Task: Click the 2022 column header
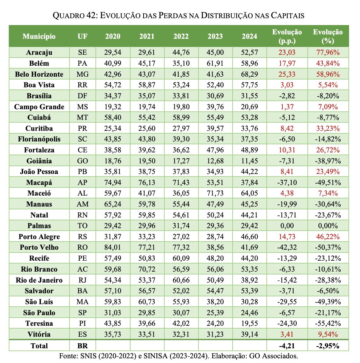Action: coord(181,36)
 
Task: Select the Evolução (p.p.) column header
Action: coord(287,36)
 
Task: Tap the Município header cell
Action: coord(39,36)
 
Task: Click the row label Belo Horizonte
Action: coord(39,74)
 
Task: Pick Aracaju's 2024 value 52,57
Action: coord(249,53)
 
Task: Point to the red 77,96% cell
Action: coord(328,53)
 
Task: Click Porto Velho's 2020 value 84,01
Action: coord(113,248)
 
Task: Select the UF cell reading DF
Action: coord(83,96)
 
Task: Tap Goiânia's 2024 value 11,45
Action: coord(249,161)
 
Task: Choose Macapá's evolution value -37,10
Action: coord(287,182)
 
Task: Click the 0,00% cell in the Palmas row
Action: coord(328,226)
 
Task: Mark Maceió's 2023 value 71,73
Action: coord(215,193)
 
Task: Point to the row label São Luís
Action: coord(39,302)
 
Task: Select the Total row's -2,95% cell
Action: coord(328,346)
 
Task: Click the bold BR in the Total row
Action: coord(83,346)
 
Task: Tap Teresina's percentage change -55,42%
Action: coord(328,324)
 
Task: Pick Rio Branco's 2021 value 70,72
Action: coord(147,269)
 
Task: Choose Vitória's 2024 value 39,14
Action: coord(249,335)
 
